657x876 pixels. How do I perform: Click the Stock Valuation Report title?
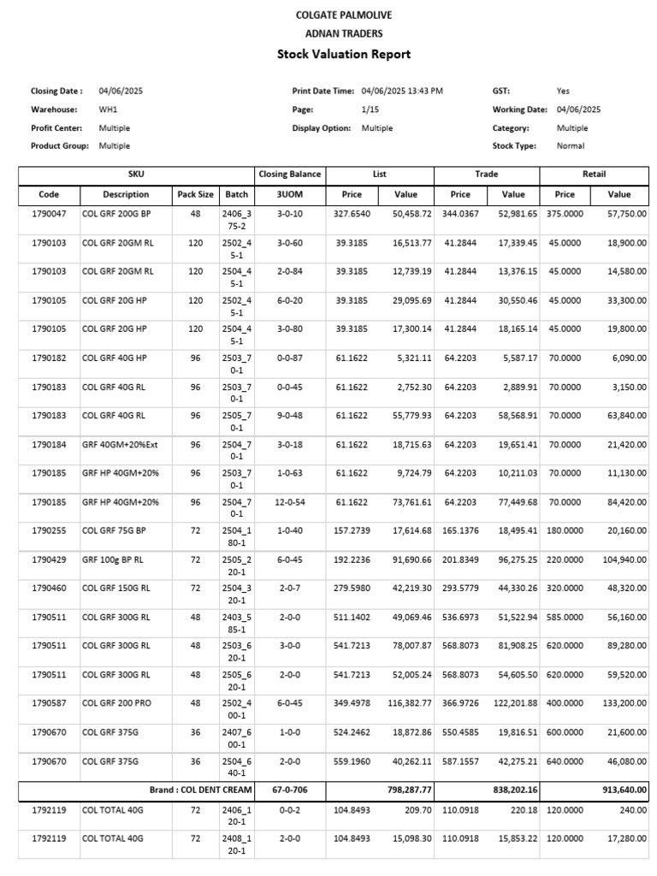click(344, 54)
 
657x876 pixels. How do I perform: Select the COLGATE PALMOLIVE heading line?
click(344, 15)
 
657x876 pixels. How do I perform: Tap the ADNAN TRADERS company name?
click(344, 34)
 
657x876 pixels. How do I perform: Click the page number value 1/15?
click(371, 109)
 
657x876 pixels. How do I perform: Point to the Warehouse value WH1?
click(109, 109)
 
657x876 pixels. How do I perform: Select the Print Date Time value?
click(402, 91)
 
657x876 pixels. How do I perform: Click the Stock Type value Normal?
click(571, 146)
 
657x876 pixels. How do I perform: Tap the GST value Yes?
click(563, 91)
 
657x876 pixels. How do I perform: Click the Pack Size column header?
click(195, 194)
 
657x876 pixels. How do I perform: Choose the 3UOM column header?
click(289, 194)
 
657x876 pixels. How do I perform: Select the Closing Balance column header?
click(289, 175)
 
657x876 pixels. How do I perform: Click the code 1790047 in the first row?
click(48, 214)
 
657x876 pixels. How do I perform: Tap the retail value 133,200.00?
click(620, 703)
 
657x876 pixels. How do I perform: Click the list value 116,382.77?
click(406, 703)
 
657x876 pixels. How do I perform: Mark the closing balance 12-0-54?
click(289, 502)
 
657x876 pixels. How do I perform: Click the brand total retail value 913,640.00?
click(620, 790)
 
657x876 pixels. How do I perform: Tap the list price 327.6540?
click(352, 214)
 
